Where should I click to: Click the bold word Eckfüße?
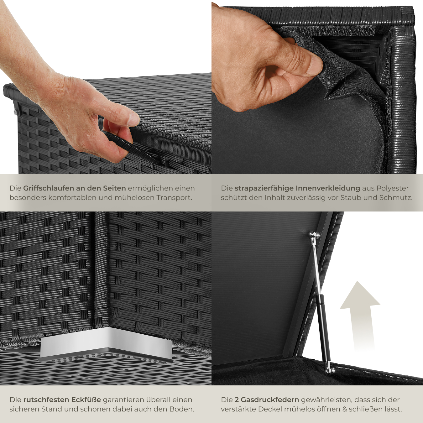coord(86,400)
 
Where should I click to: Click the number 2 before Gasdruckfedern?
coord(237,400)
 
